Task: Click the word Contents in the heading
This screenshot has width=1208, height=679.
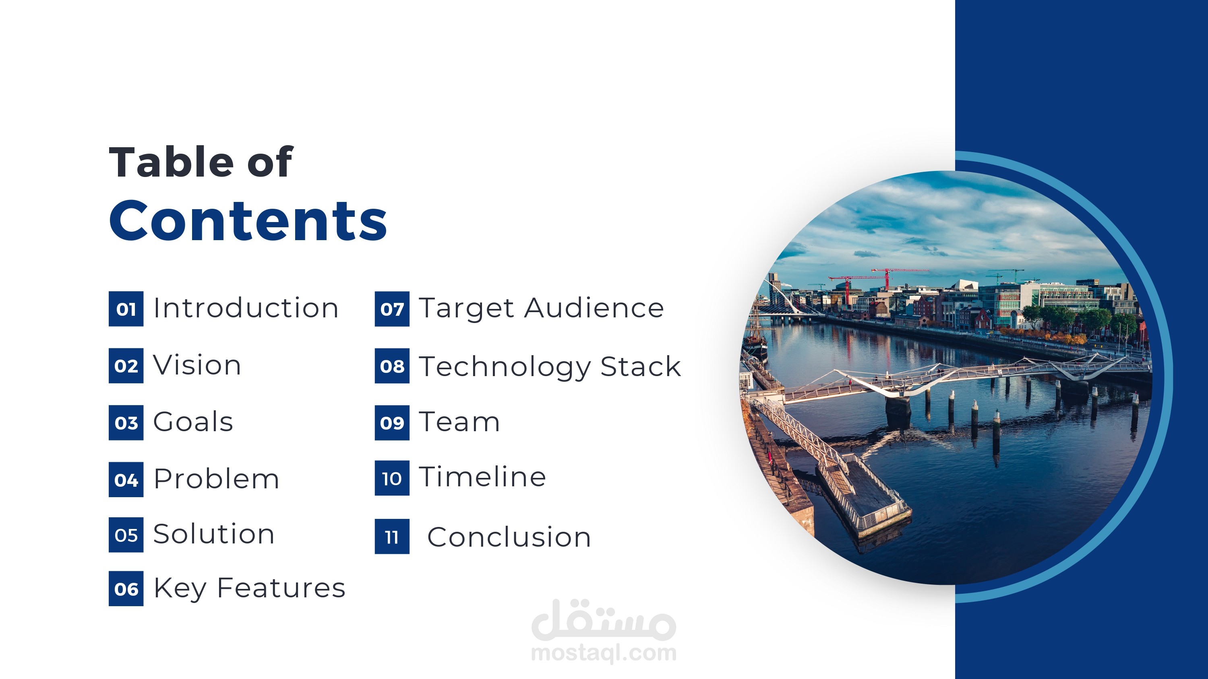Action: click(248, 220)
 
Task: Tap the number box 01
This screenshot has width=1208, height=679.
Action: click(126, 309)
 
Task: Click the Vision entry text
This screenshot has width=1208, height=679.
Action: click(197, 365)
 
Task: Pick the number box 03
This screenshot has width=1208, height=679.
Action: click(126, 423)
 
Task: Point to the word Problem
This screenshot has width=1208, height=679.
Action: click(216, 479)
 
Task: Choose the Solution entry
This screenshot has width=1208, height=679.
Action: click(214, 534)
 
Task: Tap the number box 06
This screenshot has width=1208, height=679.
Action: click(126, 588)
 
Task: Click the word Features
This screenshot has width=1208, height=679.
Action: click(281, 588)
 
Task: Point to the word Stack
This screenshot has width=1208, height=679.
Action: click(641, 366)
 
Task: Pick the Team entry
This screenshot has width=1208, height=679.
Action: click(459, 422)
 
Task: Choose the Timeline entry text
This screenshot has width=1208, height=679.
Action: click(482, 477)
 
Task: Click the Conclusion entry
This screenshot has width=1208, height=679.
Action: click(509, 537)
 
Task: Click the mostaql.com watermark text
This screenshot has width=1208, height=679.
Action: click(604, 653)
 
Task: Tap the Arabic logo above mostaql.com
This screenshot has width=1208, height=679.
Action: click(604, 619)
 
